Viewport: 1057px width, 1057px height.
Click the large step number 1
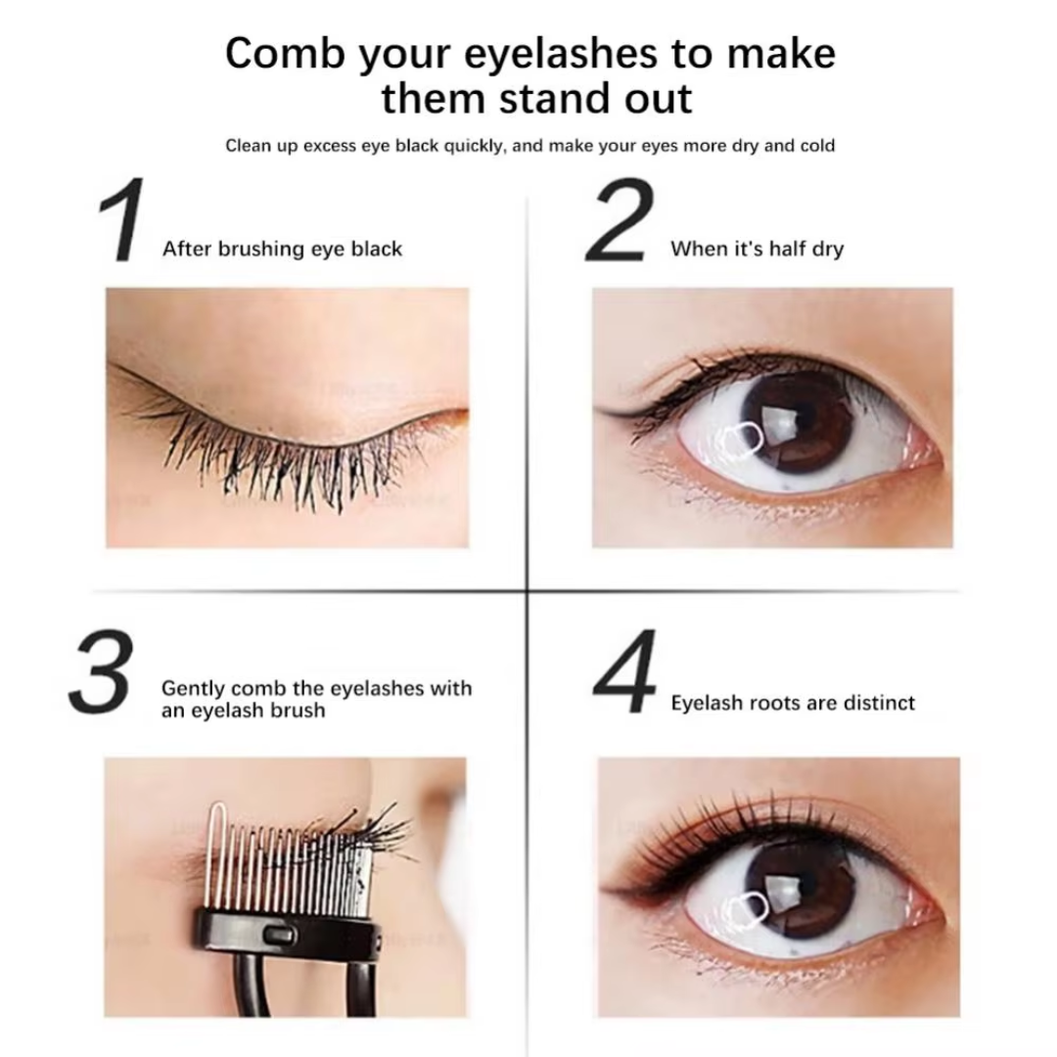point(123,222)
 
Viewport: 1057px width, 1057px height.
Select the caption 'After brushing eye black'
point(282,250)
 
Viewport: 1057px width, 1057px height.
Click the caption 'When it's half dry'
point(757,250)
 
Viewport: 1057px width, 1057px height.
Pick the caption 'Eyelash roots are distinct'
point(793,703)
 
